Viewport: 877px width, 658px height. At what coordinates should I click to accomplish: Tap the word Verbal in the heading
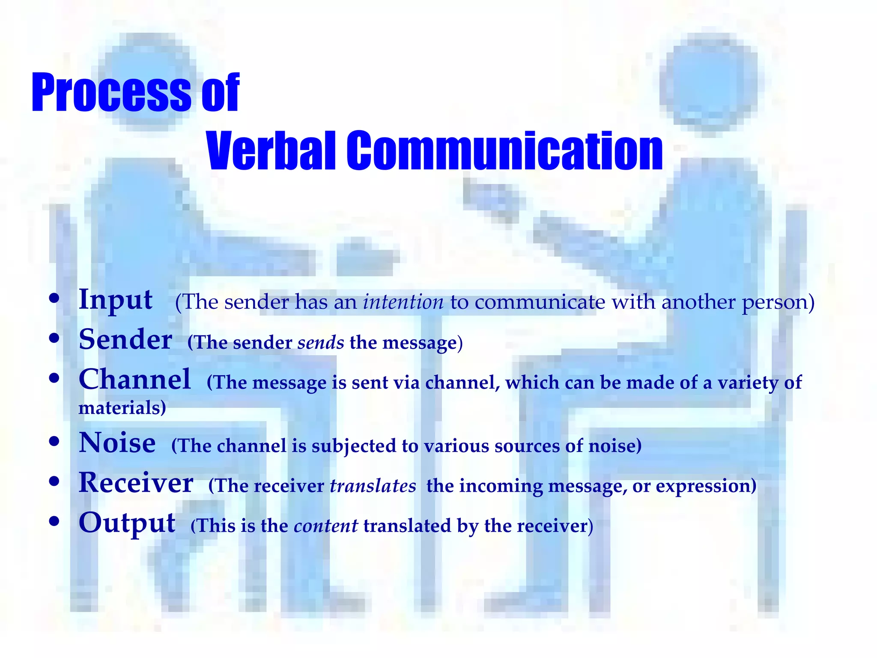pos(271,151)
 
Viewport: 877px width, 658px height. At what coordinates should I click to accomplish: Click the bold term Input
pos(116,299)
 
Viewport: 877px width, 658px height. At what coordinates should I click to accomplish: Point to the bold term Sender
pos(125,339)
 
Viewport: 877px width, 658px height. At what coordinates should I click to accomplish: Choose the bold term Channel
pos(135,380)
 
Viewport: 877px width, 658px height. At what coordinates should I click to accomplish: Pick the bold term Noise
pos(117,443)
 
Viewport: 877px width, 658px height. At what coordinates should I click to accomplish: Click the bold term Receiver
pos(136,483)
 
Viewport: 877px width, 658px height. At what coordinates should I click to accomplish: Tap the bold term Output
pos(127,523)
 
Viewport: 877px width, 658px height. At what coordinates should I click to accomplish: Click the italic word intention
pos(403,302)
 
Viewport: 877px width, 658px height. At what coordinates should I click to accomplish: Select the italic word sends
pos(321,342)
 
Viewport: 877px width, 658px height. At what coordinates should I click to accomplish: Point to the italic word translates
pos(373,486)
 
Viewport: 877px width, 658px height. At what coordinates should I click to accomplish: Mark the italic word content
pos(326,526)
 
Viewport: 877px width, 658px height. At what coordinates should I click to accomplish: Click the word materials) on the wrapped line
pos(122,407)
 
